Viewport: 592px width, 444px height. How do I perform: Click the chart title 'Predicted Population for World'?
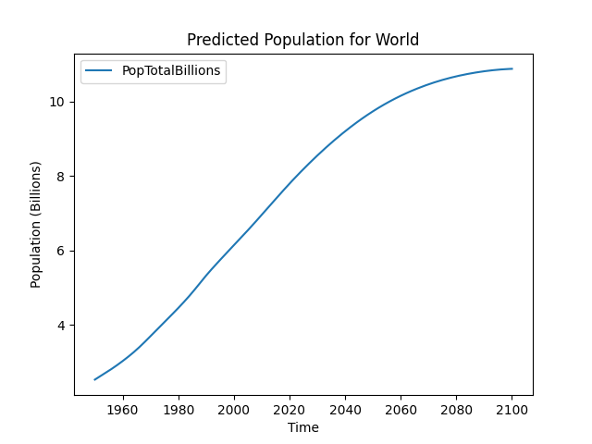(x=302, y=40)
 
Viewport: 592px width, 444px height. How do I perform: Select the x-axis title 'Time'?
(x=302, y=427)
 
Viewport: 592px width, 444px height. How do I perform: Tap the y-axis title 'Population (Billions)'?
(x=36, y=225)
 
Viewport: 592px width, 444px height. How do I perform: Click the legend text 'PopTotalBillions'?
(x=171, y=71)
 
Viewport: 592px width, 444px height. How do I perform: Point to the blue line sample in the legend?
(x=100, y=71)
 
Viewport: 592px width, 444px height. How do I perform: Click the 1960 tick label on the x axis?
(x=122, y=410)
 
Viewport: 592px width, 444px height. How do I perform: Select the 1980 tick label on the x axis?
(x=178, y=410)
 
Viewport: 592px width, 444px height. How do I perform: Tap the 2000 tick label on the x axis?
(x=233, y=410)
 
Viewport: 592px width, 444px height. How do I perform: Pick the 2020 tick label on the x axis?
(x=290, y=410)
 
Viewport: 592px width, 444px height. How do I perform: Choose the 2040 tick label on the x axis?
(x=345, y=410)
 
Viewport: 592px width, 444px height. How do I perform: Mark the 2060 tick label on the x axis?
(x=401, y=410)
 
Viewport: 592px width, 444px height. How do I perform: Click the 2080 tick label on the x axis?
(x=456, y=410)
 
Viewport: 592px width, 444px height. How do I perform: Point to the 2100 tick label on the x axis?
(x=512, y=410)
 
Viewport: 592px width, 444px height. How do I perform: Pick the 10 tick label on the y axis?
(x=58, y=102)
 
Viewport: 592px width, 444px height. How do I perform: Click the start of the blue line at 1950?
(x=94, y=379)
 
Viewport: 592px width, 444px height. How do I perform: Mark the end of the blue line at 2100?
(x=512, y=68)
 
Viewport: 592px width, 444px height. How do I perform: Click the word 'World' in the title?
(x=399, y=40)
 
